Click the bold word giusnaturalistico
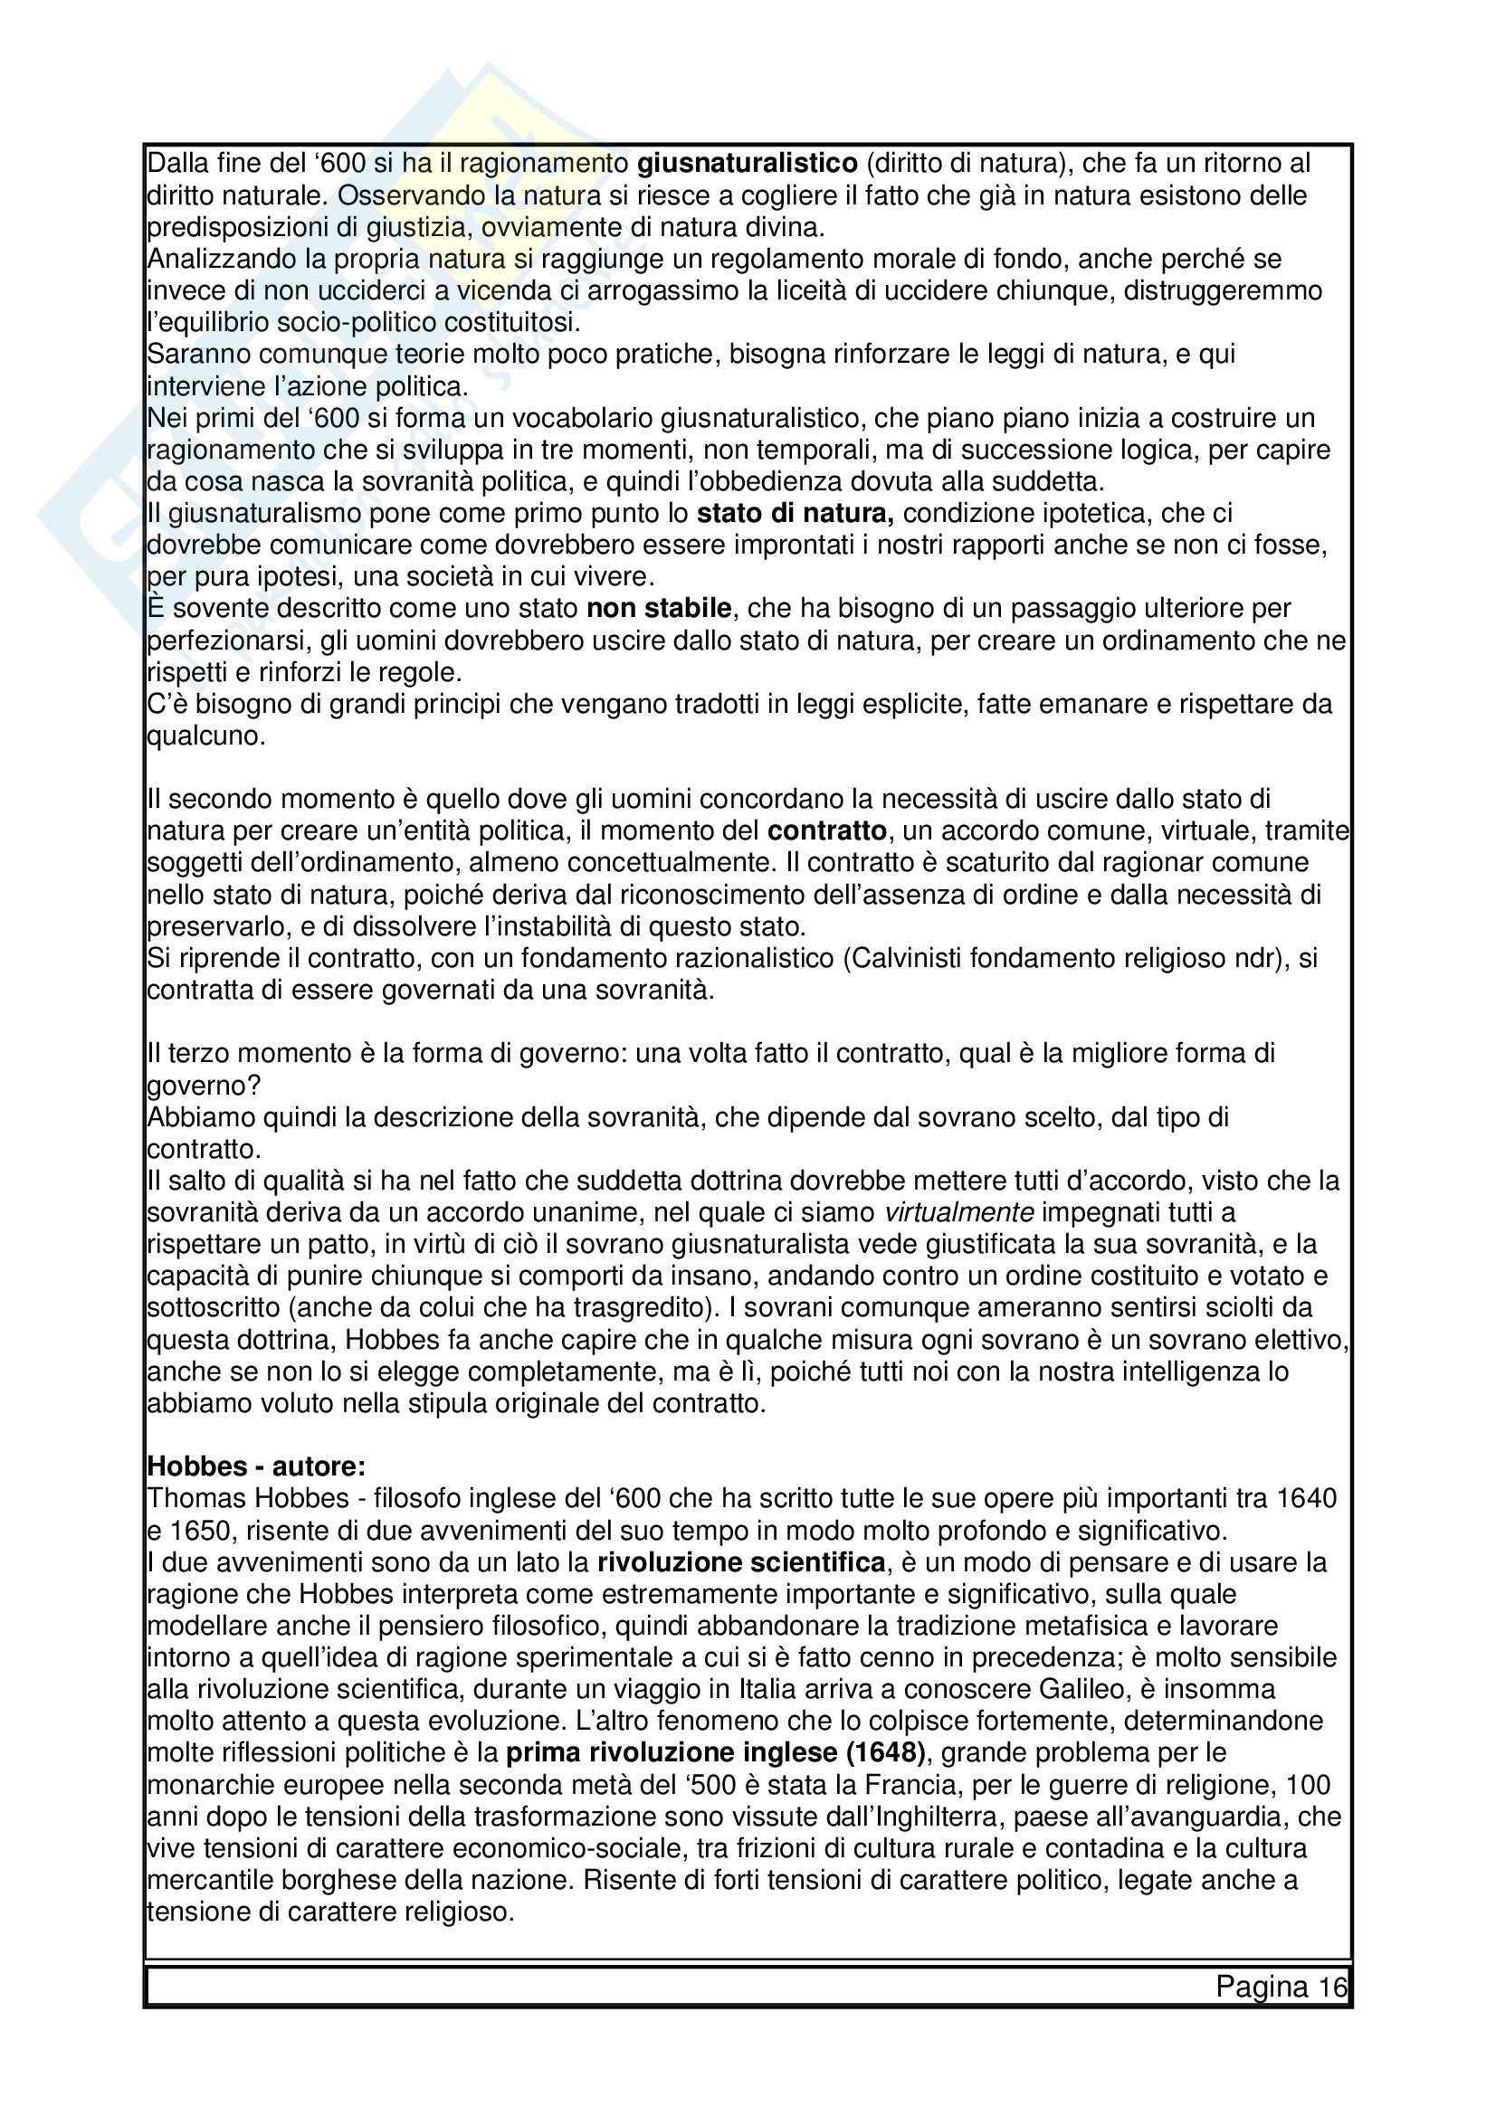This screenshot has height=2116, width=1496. (x=748, y=164)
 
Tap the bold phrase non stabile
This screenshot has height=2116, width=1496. (x=659, y=609)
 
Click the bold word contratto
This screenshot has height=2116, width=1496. (x=827, y=831)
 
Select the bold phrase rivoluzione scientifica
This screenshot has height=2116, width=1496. (x=742, y=1563)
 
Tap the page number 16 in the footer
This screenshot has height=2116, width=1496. (x=1332, y=1986)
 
